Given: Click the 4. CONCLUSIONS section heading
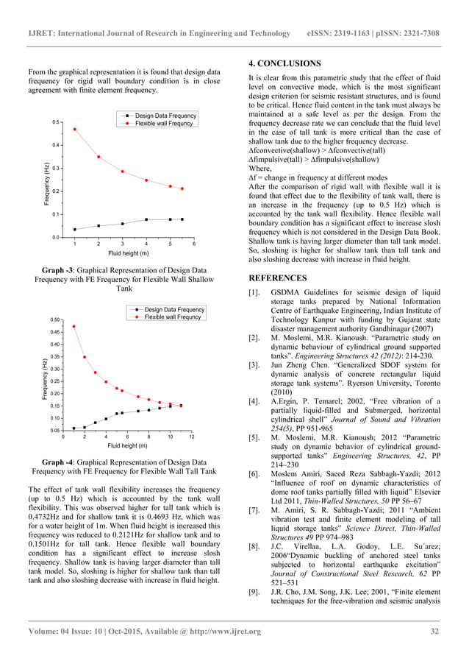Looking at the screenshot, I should [284, 63].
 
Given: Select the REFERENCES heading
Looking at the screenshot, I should [277, 278].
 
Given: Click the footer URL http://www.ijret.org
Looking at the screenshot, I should [221, 632].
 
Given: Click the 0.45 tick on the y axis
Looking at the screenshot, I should [55, 332].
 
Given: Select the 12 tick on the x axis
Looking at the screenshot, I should [191, 438].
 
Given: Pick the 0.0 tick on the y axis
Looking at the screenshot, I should [56, 238].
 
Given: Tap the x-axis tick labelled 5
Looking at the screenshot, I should [170, 244].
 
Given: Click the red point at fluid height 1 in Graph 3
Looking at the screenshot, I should [74, 130].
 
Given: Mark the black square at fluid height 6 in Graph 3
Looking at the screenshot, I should [182, 219].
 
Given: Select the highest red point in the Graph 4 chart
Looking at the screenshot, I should [74, 327].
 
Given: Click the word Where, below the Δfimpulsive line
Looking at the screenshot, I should [261, 169].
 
